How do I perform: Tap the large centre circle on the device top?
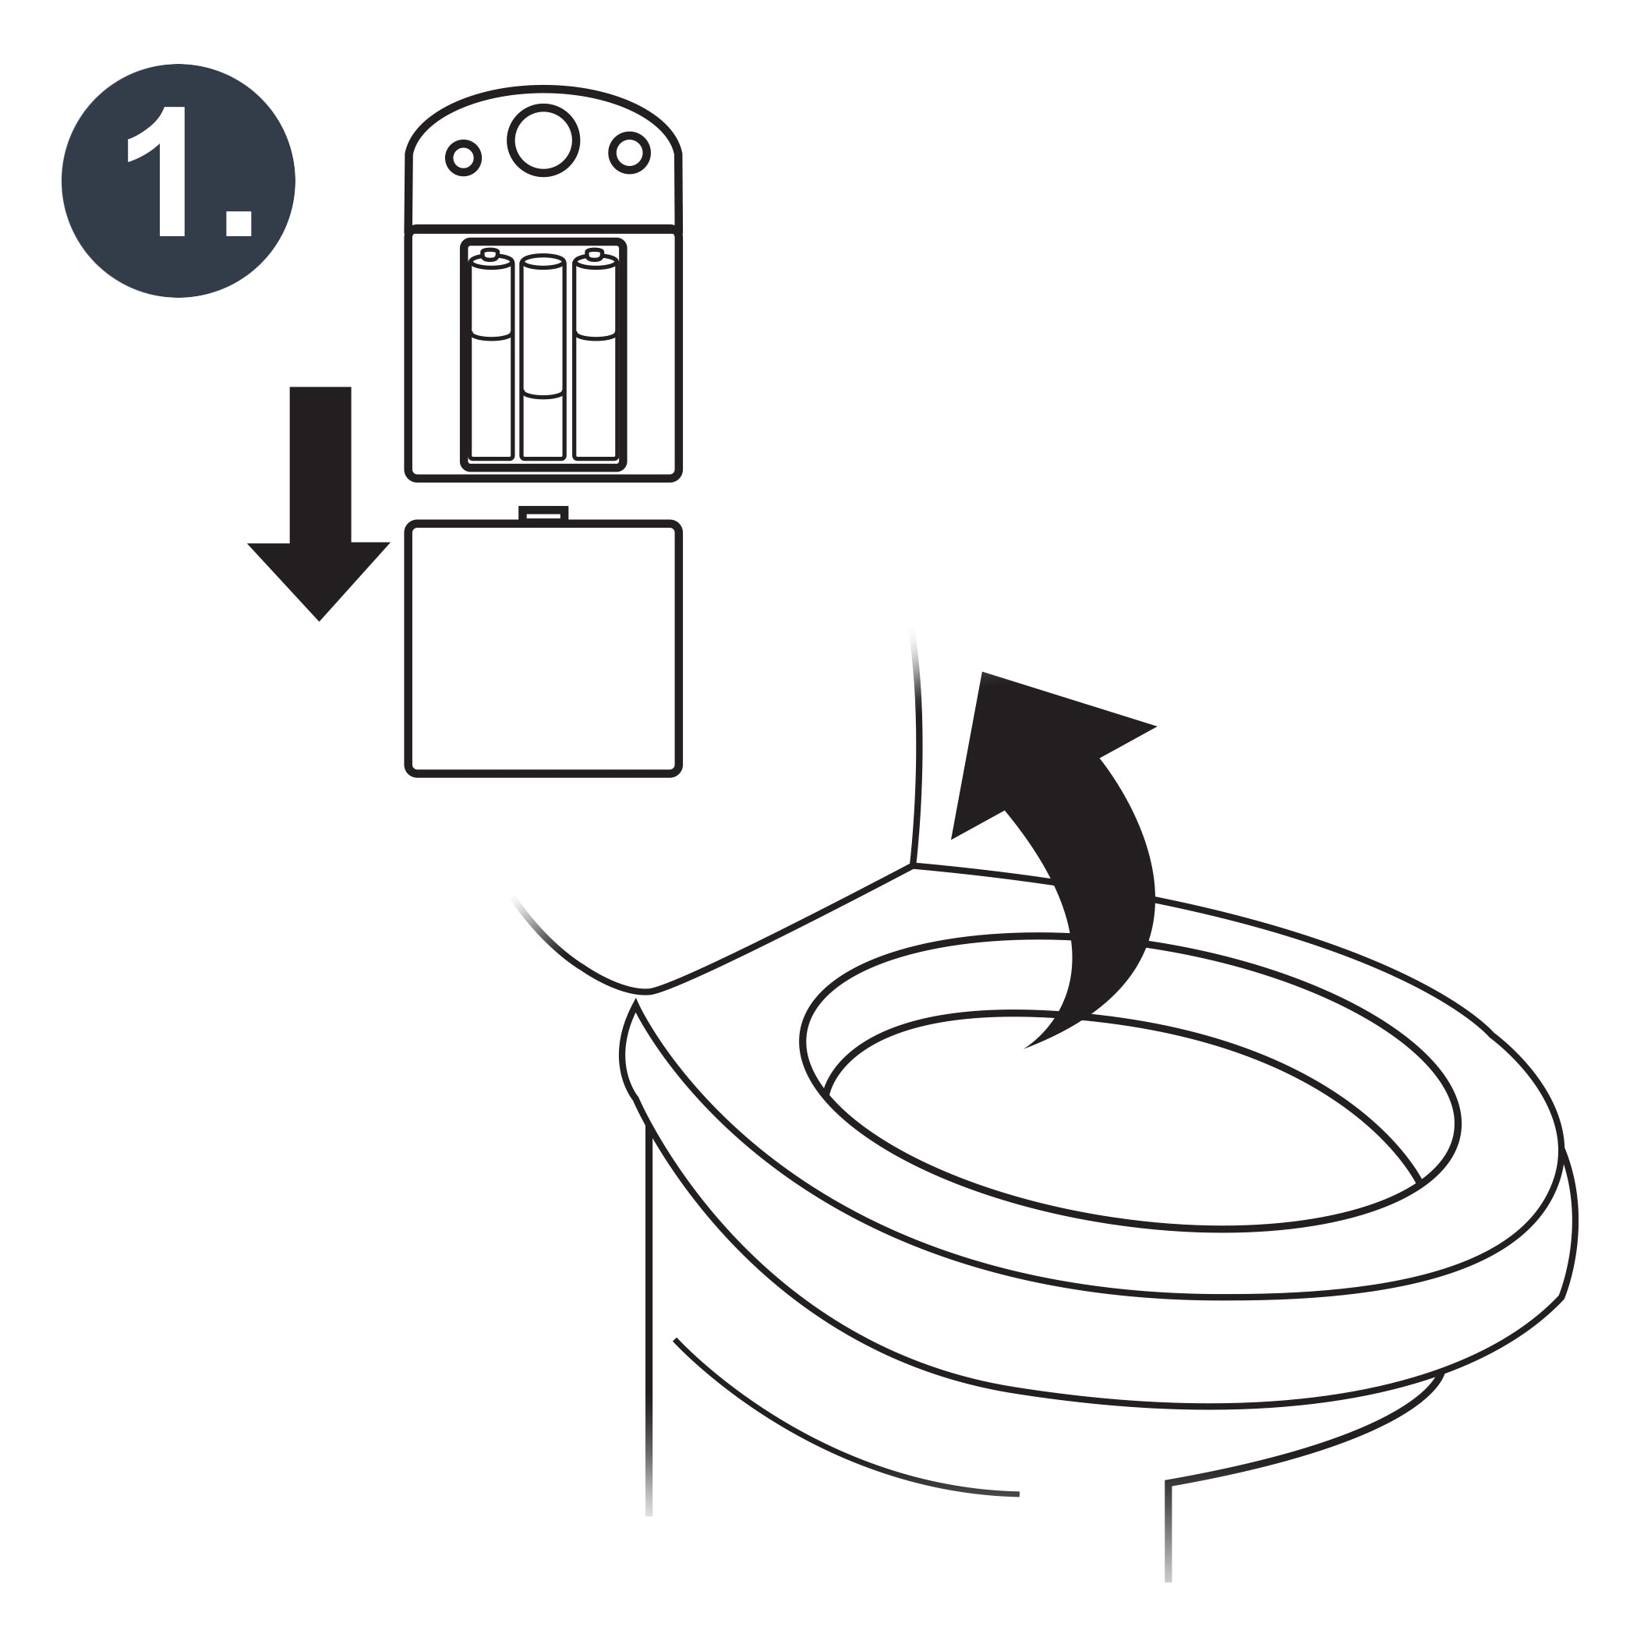click(543, 140)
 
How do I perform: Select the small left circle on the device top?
click(464, 157)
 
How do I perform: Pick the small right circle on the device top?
click(630, 153)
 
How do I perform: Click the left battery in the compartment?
click(491, 356)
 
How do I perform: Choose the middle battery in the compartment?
click(543, 358)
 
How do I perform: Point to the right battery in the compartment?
click(595, 356)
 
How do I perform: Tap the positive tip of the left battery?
click(490, 253)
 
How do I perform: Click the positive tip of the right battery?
click(595, 253)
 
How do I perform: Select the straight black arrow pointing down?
click(320, 504)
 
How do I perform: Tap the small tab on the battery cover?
click(543, 514)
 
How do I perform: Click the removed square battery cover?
click(543, 649)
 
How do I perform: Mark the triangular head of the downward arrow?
click(320, 581)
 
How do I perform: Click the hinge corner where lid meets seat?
click(914, 865)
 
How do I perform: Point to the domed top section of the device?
click(543, 157)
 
